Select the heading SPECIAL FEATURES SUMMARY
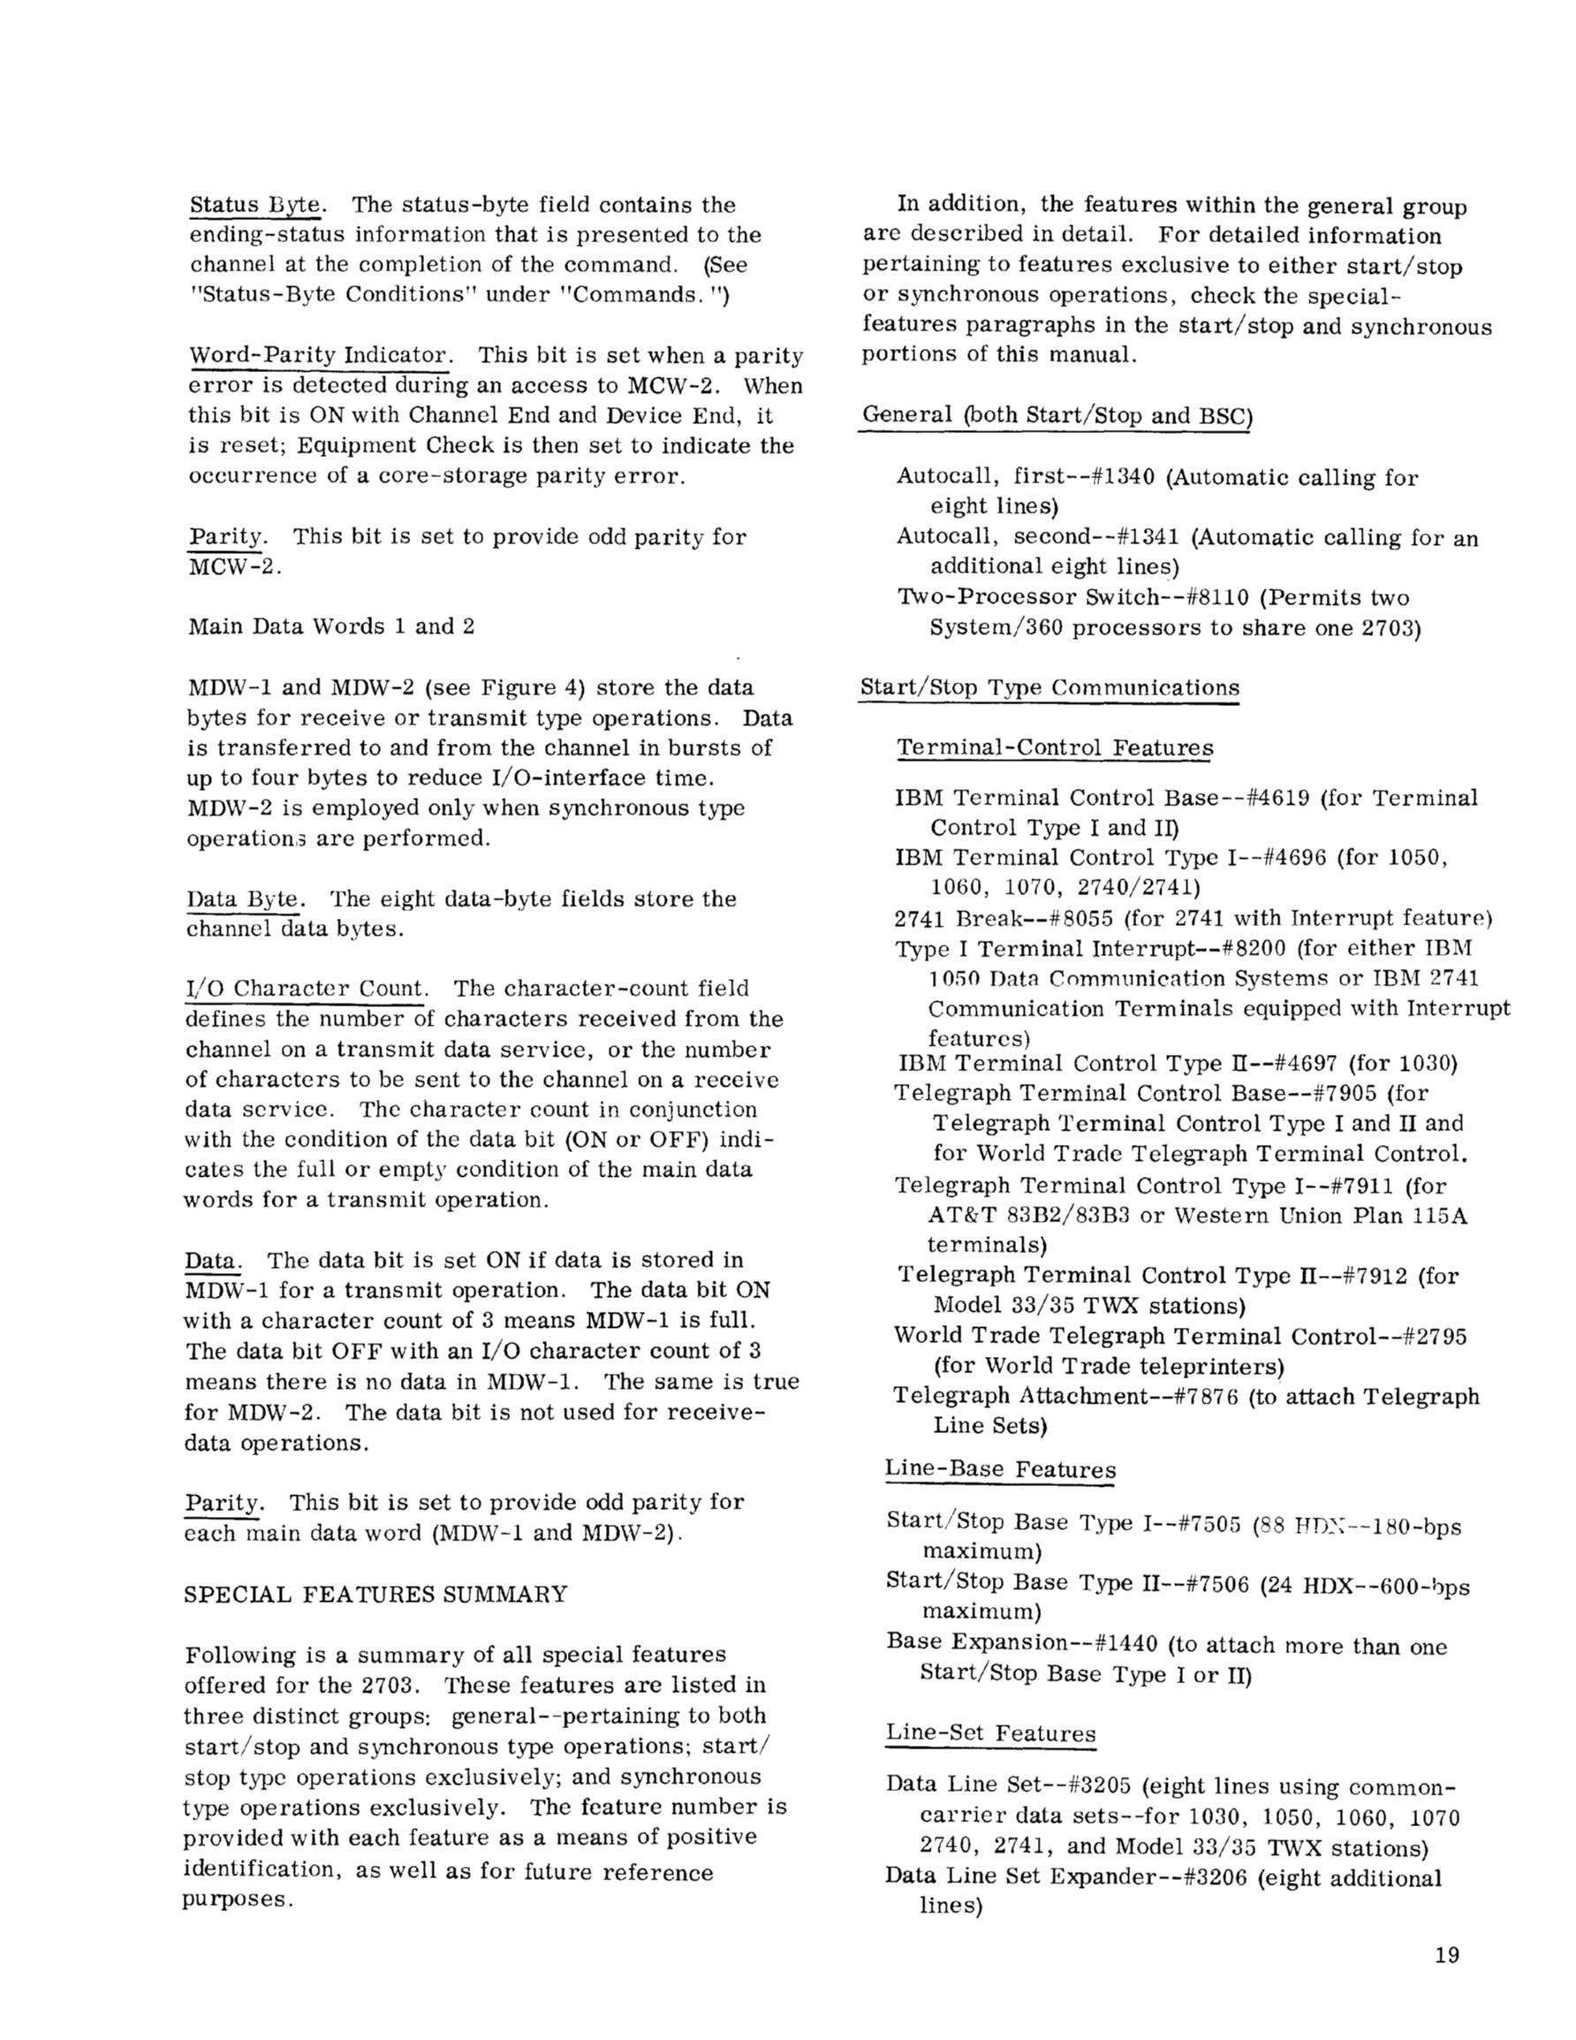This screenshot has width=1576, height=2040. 375,1594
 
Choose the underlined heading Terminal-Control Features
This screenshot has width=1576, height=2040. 1055,747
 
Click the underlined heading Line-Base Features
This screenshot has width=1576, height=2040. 1000,1468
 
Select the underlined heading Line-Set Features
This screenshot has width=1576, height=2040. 990,1733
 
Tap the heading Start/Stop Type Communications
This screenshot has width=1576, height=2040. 1049,687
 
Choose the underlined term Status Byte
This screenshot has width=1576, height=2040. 257,205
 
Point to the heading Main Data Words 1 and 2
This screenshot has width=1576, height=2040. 331,626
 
